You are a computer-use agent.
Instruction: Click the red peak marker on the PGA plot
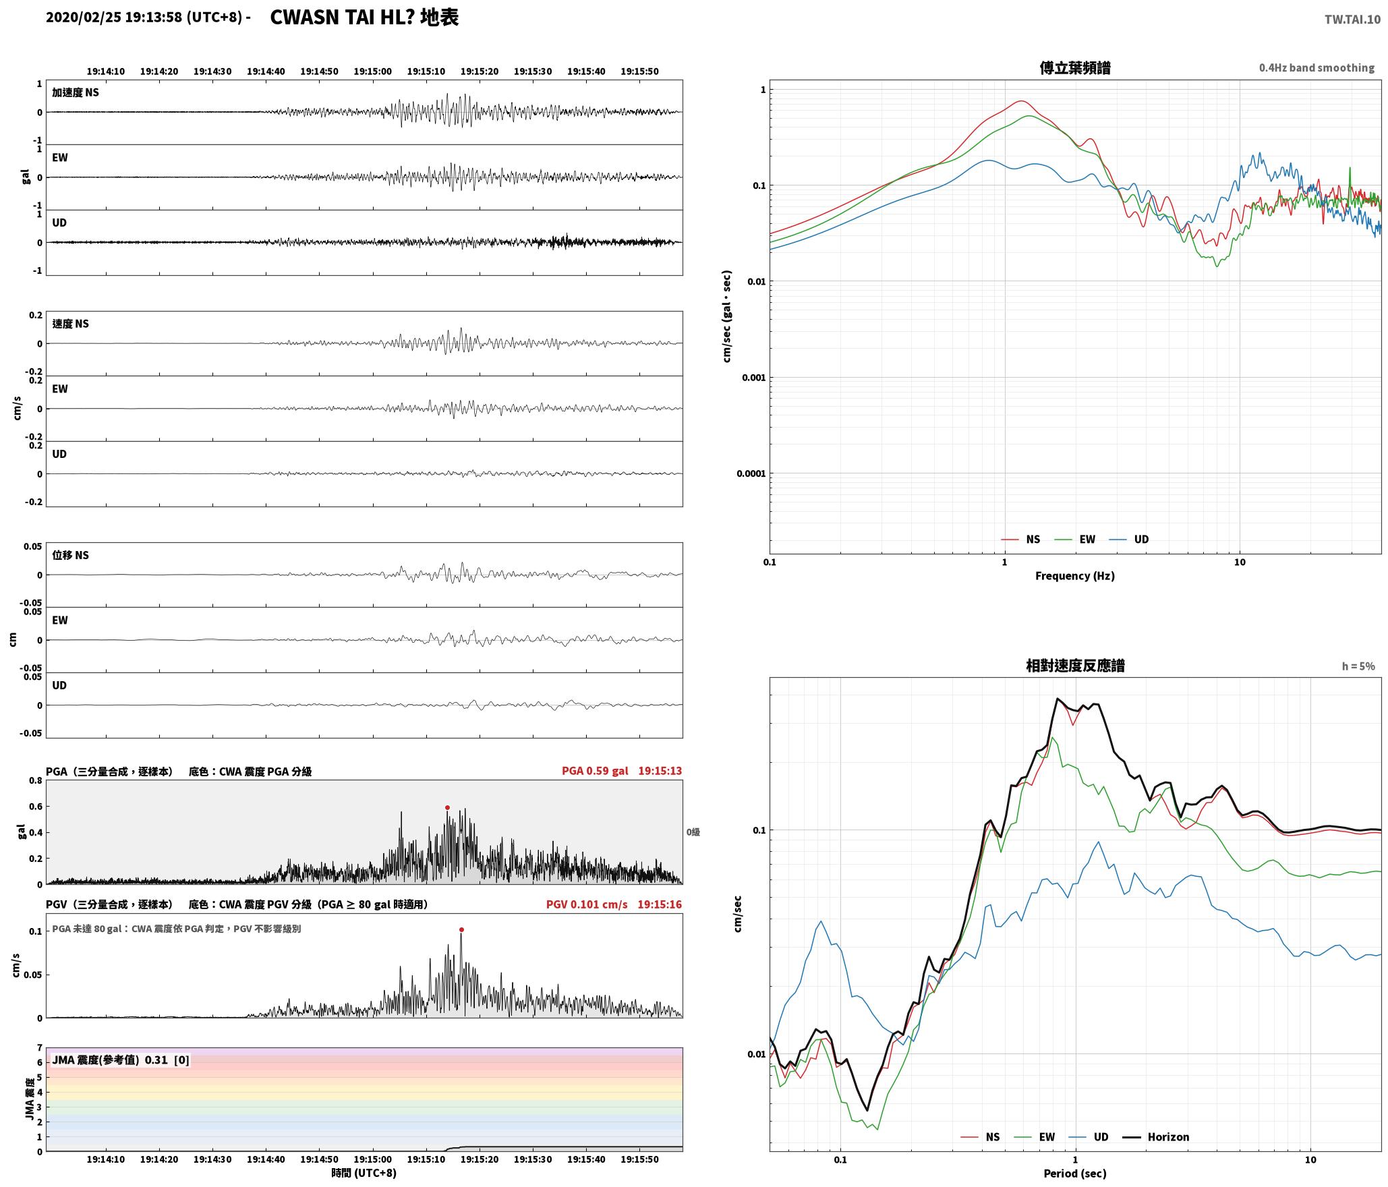(447, 807)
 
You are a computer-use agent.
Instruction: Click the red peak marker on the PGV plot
(461, 929)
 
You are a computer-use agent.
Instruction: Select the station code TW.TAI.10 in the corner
(1352, 20)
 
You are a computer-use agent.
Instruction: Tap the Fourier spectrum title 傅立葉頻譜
(1075, 68)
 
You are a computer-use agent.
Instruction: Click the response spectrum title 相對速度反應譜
(1075, 666)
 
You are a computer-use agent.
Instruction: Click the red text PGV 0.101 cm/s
(587, 904)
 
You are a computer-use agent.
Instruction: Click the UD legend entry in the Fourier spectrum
(1129, 539)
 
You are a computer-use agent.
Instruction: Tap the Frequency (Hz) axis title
(1075, 576)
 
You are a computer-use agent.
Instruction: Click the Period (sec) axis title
(1075, 1174)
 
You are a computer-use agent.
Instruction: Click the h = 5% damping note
(1358, 666)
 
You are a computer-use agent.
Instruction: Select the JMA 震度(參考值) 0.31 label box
(120, 1060)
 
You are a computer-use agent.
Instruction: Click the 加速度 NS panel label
(76, 92)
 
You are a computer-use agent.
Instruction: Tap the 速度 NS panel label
(71, 324)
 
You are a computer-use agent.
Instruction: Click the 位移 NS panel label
(71, 555)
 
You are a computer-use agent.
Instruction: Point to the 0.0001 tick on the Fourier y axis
(751, 473)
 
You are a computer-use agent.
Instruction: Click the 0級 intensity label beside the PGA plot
(693, 832)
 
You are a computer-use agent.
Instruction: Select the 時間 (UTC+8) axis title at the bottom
(364, 1173)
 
